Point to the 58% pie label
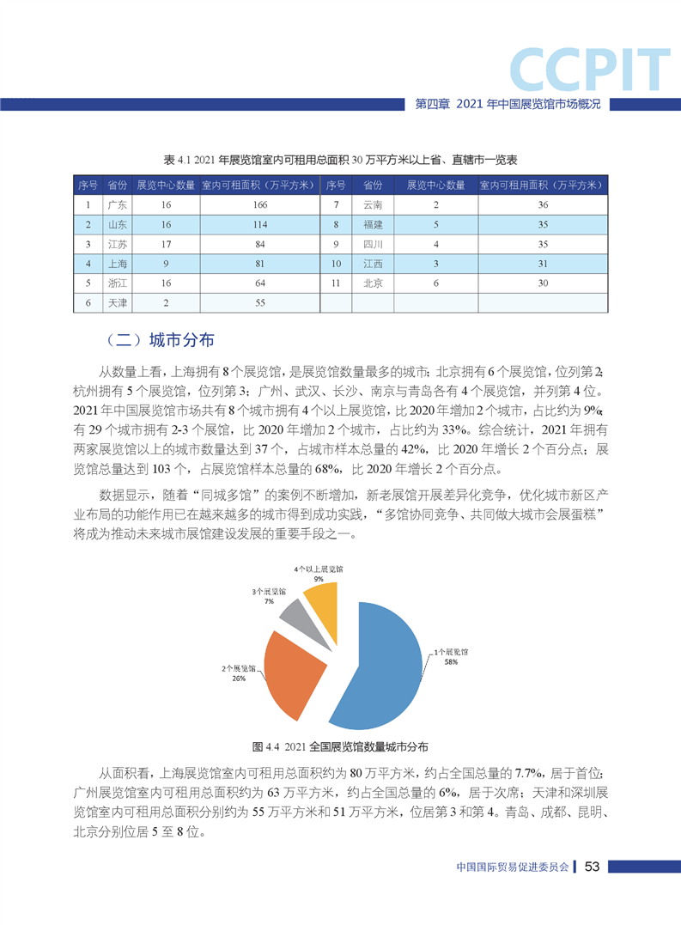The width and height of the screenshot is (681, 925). (450, 663)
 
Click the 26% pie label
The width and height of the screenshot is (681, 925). (239, 679)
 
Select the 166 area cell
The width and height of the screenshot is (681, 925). (260, 205)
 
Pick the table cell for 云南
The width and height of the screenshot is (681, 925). (373, 205)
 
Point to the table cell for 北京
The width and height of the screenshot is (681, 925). (373, 283)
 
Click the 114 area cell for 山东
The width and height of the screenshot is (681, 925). (260, 224)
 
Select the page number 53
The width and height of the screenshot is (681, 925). (592, 867)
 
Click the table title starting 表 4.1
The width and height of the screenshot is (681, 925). (340, 160)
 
